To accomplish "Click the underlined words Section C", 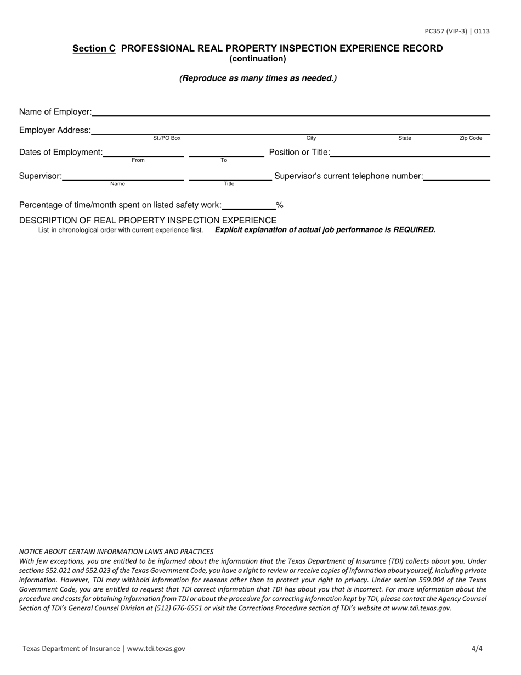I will pos(94,49).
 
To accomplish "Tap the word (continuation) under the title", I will pos(258,59).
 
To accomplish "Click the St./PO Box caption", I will pos(167,138).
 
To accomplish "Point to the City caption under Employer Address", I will pos(311,138).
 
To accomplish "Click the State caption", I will pos(405,138).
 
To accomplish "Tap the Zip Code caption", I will pos(471,138).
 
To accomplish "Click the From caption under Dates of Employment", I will pos(138,160).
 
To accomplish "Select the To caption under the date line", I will pos(224,160).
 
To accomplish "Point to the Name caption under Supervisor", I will pos(117,184).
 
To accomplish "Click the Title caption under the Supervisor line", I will pos(229,184).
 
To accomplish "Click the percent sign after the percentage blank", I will pos(280,206).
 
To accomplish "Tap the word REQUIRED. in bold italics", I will pos(415,230).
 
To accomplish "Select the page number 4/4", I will pos(477,649).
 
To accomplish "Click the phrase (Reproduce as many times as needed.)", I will pos(258,78).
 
